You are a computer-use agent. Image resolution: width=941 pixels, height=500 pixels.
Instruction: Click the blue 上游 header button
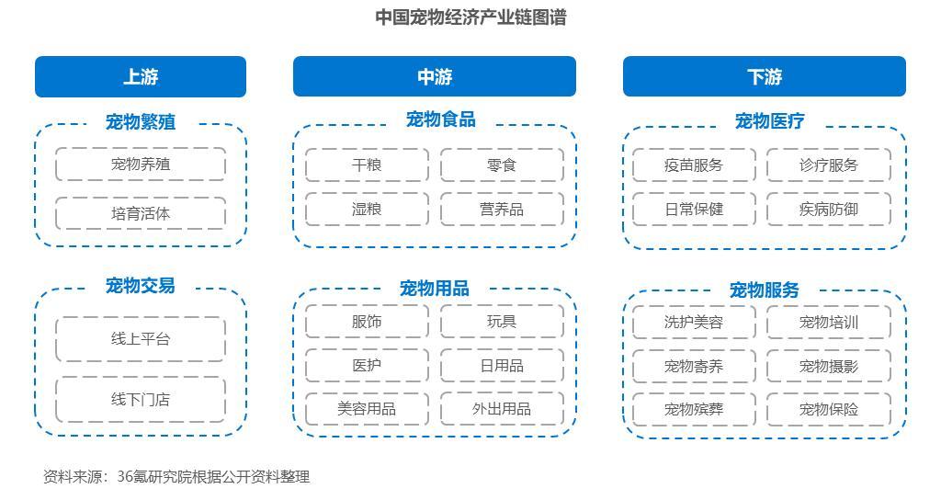point(141,76)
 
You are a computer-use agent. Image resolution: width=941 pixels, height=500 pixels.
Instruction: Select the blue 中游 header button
point(435,76)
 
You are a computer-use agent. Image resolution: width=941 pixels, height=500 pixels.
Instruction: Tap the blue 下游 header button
point(764,76)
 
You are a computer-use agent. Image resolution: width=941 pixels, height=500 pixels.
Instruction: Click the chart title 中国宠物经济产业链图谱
point(470,17)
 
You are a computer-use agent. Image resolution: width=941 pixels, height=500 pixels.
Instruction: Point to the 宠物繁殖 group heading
point(141,122)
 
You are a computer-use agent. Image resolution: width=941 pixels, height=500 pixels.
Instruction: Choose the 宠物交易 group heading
point(141,285)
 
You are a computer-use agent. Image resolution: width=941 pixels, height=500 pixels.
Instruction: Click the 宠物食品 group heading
point(440,119)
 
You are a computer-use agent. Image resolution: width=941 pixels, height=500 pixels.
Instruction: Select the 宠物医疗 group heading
point(769,121)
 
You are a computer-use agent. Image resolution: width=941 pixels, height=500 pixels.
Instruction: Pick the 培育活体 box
point(141,213)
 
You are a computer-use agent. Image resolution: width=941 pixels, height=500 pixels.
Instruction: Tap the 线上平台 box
point(141,339)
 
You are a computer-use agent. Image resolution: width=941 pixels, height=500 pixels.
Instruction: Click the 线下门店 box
point(141,400)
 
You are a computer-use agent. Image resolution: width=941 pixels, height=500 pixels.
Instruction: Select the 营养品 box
point(502,209)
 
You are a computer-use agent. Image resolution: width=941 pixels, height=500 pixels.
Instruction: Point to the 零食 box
point(502,165)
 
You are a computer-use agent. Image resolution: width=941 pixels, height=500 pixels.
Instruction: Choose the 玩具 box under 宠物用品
point(502,322)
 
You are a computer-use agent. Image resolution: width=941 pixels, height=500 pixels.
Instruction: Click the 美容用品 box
point(367,409)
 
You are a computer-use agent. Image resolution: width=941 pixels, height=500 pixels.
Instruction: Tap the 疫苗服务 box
point(694,165)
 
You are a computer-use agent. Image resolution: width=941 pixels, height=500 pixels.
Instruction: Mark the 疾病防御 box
point(829,209)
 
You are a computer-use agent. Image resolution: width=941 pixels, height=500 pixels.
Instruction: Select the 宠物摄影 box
point(829,366)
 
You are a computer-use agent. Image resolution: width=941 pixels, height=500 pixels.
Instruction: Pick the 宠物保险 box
point(829,409)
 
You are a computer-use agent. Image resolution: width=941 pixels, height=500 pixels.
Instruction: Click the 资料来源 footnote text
point(176,477)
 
